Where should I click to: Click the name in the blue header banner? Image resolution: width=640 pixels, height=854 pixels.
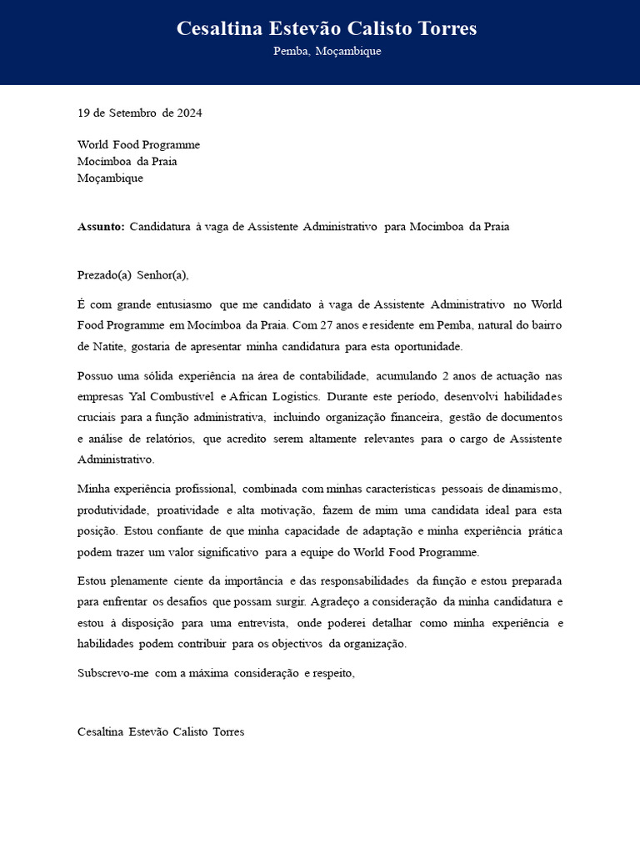[327, 29]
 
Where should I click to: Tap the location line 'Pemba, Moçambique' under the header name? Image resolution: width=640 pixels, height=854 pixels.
[327, 52]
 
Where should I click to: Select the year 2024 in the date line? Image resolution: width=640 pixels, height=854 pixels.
[189, 113]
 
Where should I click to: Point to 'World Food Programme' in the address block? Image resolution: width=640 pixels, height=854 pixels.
[138, 145]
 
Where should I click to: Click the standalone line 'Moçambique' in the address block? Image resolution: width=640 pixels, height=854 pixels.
[110, 178]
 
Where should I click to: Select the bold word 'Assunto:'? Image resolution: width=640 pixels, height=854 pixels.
[101, 227]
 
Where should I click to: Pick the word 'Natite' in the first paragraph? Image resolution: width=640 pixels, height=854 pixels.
[110, 347]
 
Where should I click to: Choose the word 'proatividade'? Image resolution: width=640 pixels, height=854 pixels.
[187, 510]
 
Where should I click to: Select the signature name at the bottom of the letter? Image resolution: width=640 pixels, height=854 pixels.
[161, 732]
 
